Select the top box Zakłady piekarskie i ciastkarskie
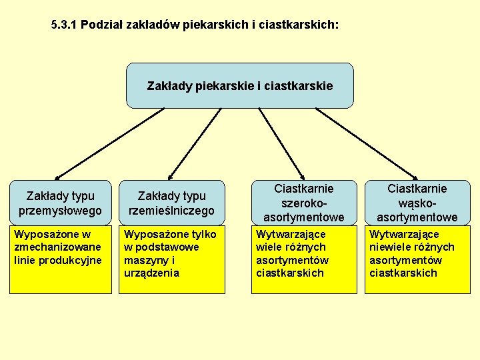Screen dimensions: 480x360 [239, 86]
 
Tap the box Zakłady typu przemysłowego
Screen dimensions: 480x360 [60, 203]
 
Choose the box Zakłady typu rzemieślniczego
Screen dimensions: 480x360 [171, 203]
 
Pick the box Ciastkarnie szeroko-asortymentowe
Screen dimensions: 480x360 [304, 203]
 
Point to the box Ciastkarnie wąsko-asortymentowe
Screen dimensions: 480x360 [417, 203]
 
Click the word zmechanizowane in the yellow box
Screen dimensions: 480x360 [57, 247]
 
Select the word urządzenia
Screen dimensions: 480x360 [151, 273]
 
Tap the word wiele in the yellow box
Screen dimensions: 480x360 [271, 247]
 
